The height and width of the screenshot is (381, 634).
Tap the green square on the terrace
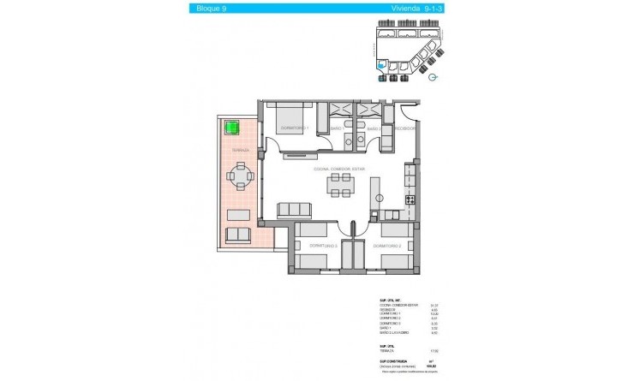coord(231,129)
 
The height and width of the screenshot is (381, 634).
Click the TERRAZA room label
coord(240,149)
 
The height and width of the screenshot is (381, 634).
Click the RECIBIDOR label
coord(405,128)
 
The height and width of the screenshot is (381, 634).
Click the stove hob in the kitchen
coord(410,199)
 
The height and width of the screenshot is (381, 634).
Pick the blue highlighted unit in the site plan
coord(381,65)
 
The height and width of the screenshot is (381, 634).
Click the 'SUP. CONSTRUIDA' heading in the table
coord(390,362)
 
